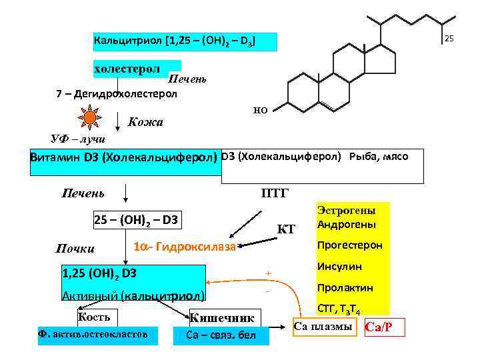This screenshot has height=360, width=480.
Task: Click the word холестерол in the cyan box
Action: [127, 68]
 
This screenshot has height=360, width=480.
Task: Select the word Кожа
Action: [145, 123]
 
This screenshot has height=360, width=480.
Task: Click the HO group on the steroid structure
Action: [260, 111]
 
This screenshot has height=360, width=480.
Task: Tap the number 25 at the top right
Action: [449, 39]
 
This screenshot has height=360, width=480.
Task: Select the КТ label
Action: [285, 230]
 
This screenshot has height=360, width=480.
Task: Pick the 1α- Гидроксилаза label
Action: [185, 247]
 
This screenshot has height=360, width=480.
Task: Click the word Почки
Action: [75, 249]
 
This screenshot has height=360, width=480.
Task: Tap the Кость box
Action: [94, 317]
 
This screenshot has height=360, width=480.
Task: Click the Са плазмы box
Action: [322, 326]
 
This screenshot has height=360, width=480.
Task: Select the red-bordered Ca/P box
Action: [385, 327]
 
